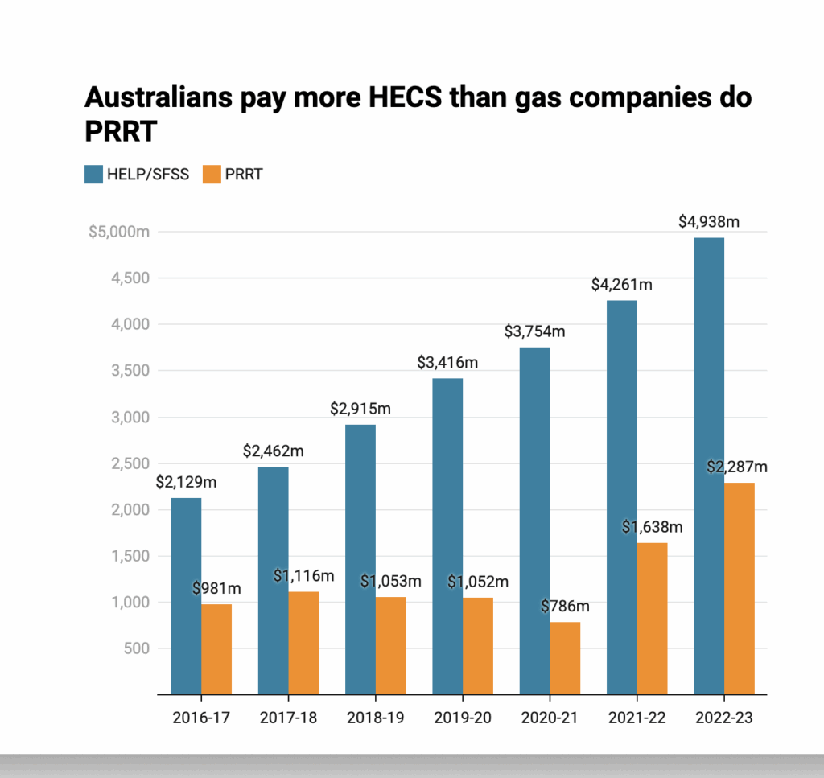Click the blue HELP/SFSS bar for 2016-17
point(186,595)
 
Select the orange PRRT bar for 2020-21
point(564,657)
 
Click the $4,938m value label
point(709,220)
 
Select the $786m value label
point(566,606)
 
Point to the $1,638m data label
point(652,527)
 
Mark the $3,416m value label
point(447,362)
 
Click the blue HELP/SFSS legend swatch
point(93,174)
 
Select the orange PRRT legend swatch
point(211,174)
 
